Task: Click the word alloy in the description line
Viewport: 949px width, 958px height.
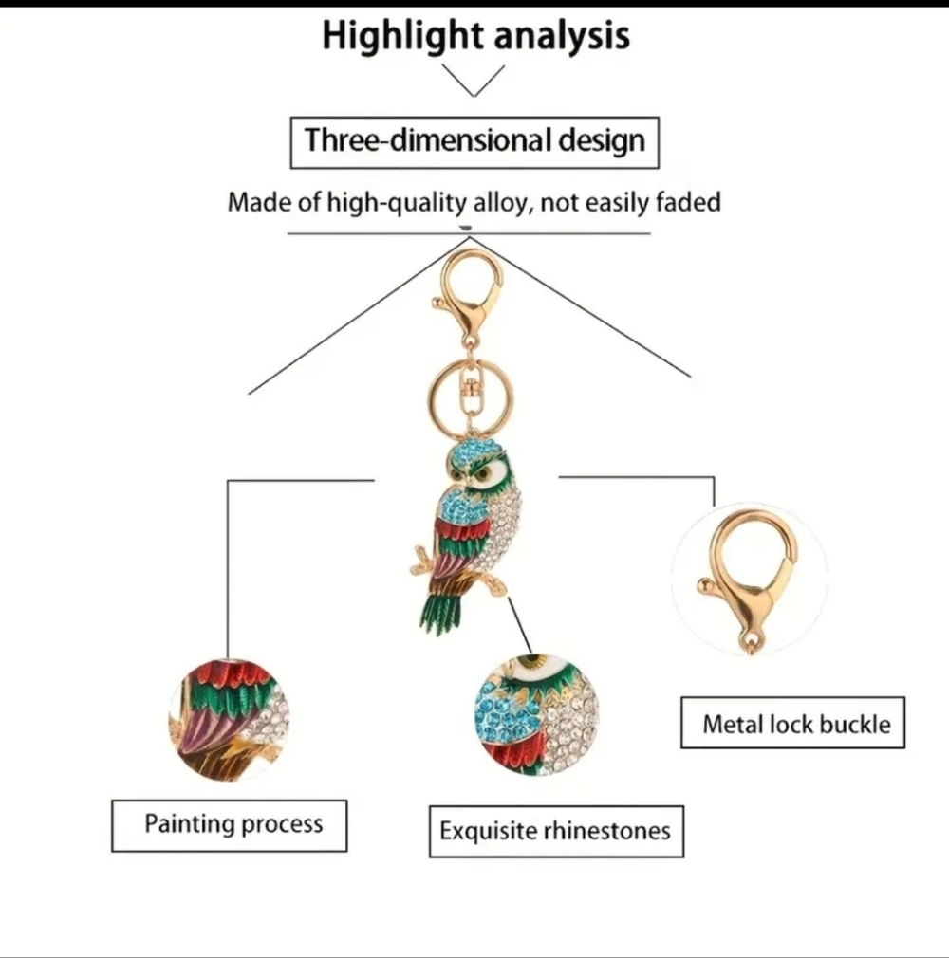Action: coord(499,202)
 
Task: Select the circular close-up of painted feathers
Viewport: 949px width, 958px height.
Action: coord(229,720)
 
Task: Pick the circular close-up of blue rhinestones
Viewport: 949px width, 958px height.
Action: coord(537,715)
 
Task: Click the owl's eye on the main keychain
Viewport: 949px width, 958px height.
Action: coord(484,473)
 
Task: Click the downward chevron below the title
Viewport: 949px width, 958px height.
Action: coord(474,81)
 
